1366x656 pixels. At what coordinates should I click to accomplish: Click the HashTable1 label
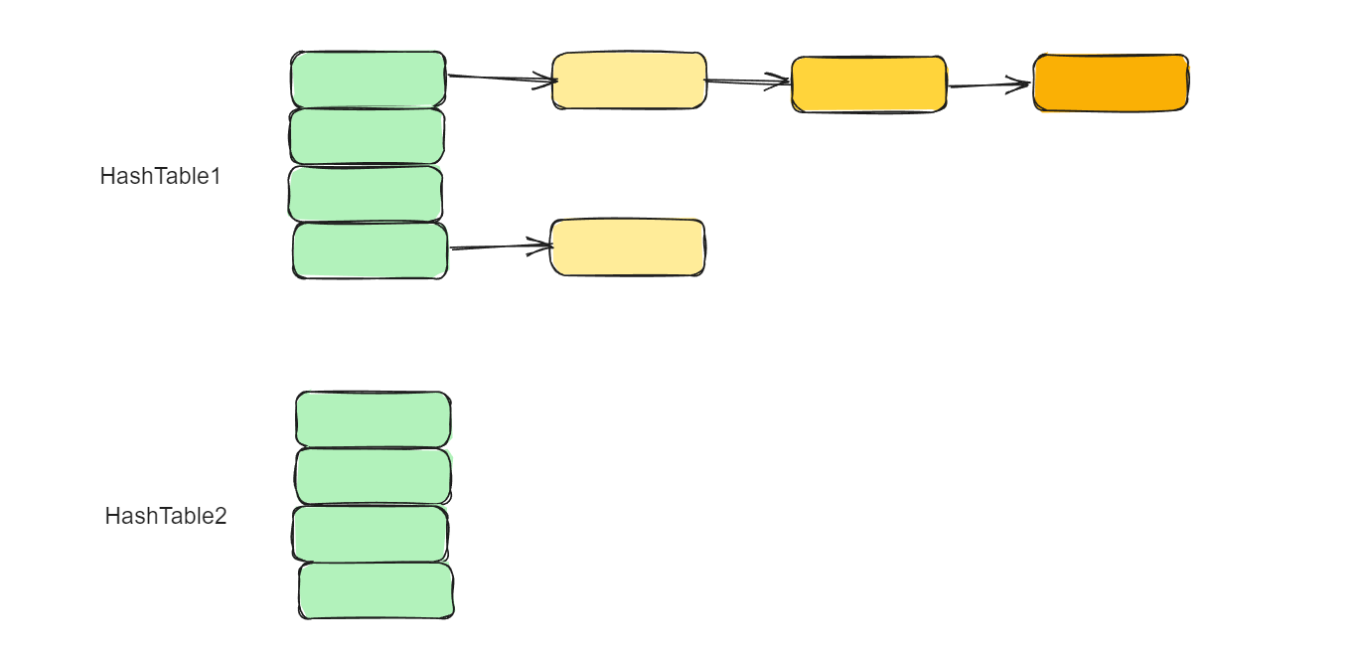coord(160,177)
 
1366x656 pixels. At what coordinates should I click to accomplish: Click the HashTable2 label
coord(166,517)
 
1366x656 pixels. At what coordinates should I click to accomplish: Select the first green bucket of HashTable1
coord(369,80)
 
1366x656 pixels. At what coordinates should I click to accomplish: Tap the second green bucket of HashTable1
coord(368,136)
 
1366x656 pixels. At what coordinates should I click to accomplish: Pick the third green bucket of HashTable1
coord(366,194)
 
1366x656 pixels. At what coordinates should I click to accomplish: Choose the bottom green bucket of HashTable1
coord(370,250)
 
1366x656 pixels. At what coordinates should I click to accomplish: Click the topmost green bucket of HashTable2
coord(374,419)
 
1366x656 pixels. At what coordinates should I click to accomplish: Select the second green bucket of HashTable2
coord(374,477)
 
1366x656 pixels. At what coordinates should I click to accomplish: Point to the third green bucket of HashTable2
coord(371,534)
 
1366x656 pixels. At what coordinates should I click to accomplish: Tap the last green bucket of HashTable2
coord(377,591)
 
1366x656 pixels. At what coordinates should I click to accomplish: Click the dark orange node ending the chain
coord(1111,82)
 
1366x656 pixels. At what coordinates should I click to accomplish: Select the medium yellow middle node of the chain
coord(869,84)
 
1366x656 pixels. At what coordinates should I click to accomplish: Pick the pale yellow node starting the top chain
coord(629,81)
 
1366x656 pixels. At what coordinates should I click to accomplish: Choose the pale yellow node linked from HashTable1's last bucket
coord(628,247)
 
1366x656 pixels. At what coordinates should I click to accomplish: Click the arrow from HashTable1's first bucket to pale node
coord(501,78)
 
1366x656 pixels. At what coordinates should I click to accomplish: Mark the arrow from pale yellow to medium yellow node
coord(748,82)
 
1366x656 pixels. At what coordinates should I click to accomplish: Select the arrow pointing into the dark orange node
coord(989,85)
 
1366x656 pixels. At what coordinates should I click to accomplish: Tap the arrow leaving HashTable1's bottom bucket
coord(500,246)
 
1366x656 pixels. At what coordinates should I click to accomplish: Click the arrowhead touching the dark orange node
coord(1023,84)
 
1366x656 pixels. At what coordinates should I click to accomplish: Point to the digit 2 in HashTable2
coord(221,517)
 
